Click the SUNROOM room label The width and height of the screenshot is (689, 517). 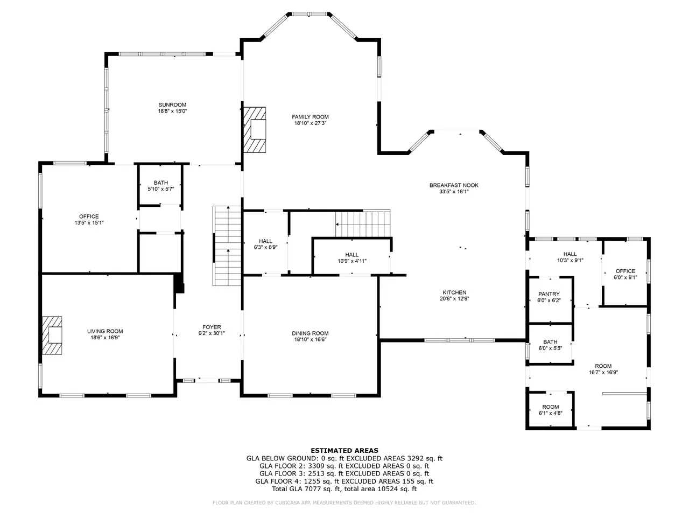tap(172, 105)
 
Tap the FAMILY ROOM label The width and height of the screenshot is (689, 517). tap(310, 117)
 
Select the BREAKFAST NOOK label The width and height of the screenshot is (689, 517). tap(454, 185)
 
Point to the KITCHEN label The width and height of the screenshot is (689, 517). tap(454, 292)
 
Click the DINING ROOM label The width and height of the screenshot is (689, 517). tap(310, 333)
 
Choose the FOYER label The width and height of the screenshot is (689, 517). tap(212, 327)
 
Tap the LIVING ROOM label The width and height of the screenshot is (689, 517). tap(105, 332)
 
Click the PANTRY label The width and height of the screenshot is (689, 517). tap(549, 294)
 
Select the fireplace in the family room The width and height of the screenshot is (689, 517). tap(255, 130)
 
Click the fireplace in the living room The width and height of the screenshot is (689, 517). tap(52, 336)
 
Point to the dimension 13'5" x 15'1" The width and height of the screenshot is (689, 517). tap(89, 223)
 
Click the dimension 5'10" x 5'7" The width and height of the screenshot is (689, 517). tap(161, 189)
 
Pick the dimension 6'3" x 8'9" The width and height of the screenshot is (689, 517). tap(265, 247)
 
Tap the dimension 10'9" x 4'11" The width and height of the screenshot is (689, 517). tap(352, 261)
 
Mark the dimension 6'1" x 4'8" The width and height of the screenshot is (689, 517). tap(551, 413)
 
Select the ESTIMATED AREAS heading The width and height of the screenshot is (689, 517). tap(344, 451)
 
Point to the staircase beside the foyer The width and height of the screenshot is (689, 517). tap(227, 246)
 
